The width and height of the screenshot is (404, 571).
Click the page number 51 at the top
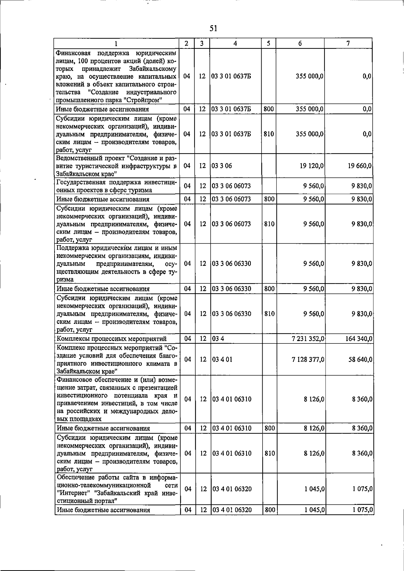(x=213, y=29)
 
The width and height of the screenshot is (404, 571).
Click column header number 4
(x=235, y=43)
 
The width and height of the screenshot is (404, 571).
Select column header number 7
(x=348, y=43)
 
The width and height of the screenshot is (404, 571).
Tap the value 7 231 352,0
(x=308, y=339)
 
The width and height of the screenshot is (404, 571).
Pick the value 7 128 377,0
(x=308, y=360)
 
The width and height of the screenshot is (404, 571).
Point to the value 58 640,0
(x=360, y=360)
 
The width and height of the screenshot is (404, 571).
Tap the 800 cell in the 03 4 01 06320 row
(x=270, y=510)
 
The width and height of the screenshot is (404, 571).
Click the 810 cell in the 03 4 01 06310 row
(x=269, y=453)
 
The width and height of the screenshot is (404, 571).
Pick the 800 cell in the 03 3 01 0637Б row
(x=269, y=109)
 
